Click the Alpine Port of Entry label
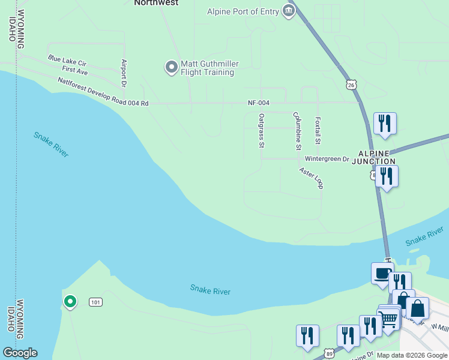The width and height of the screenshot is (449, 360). pyautogui.click(x=243, y=11)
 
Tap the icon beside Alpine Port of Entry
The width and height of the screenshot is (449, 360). pyautogui.click(x=289, y=11)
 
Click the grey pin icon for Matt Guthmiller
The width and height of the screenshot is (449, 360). pyautogui.click(x=171, y=66)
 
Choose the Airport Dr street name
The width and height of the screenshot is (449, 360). pyautogui.click(x=124, y=73)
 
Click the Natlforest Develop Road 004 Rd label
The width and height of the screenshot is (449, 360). pyautogui.click(x=103, y=92)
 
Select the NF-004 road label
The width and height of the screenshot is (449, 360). pyautogui.click(x=259, y=103)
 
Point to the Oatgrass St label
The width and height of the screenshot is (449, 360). pyautogui.click(x=261, y=130)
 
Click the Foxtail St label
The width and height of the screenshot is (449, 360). pyautogui.click(x=318, y=131)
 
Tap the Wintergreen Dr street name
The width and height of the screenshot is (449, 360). pyautogui.click(x=327, y=159)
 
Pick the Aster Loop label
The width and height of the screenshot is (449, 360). pyautogui.click(x=312, y=178)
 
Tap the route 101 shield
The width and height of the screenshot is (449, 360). pyautogui.click(x=95, y=302)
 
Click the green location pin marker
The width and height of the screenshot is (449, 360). pyautogui.click(x=70, y=301)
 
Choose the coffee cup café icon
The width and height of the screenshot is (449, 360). pyautogui.click(x=382, y=274)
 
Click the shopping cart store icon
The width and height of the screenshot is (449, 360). pyautogui.click(x=388, y=319)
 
